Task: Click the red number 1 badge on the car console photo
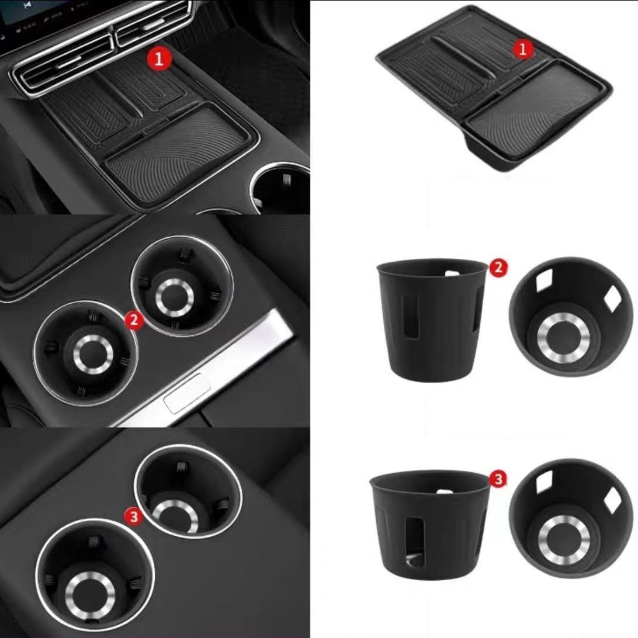(159, 59)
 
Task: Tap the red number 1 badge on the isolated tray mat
(523, 49)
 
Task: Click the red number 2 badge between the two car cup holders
(134, 321)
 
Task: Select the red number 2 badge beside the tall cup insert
(498, 268)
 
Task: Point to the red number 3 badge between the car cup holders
(134, 516)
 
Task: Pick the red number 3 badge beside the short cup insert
(498, 480)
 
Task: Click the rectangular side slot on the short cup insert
(415, 539)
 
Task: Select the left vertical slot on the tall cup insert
(411, 316)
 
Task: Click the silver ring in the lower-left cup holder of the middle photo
(93, 355)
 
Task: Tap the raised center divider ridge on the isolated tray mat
(464, 57)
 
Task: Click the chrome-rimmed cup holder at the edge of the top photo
(281, 185)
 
